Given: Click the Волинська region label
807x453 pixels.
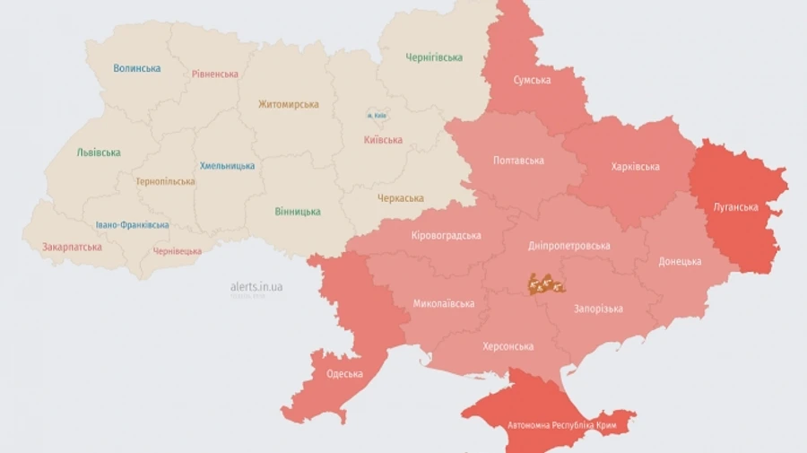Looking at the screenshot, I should point(137,68).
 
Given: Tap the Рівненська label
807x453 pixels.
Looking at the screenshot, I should point(215,74).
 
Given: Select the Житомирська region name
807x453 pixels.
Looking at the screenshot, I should point(288,104).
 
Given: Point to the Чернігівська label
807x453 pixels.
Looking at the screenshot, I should point(433,57).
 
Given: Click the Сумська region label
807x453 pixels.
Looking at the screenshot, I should point(532,80).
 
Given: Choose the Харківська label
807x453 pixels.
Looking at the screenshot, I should point(635,167).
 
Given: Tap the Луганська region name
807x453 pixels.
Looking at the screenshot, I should point(735,207).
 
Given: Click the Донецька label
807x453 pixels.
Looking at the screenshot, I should point(680,262).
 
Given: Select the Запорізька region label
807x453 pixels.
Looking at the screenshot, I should point(598,309).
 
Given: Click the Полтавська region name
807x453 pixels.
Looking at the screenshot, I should point(518,161).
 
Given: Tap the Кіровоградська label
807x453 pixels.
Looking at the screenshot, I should point(446,236).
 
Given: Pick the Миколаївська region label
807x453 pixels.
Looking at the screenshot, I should point(444,303).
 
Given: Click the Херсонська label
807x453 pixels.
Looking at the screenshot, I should point(508,346).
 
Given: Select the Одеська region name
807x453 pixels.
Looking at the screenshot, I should point(344,374).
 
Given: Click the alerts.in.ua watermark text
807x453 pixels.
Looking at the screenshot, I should point(256,287).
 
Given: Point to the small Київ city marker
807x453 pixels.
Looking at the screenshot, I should point(376,116).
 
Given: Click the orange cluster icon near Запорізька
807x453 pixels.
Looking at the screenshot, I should point(545,284).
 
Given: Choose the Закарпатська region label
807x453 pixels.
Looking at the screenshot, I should point(72,247).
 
